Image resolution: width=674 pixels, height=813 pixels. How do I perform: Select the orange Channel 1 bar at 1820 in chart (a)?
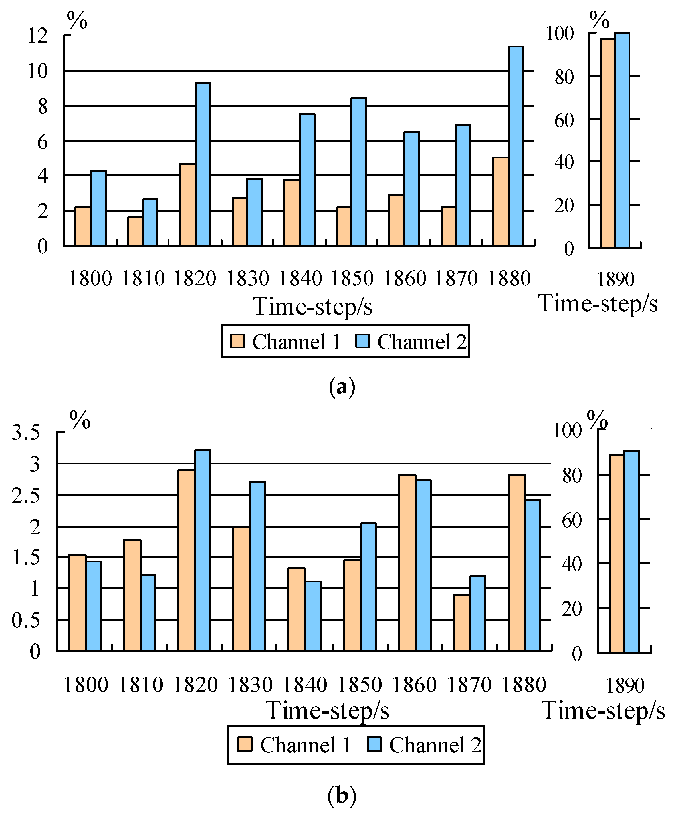point(187,205)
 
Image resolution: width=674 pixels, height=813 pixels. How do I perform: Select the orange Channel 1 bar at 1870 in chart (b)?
point(462,623)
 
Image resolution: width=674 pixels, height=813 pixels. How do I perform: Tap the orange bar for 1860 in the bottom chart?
point(407,563)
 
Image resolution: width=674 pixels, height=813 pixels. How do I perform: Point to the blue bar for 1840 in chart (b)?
point(313,616)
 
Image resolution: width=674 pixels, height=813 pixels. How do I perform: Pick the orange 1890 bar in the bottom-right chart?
point(616,554)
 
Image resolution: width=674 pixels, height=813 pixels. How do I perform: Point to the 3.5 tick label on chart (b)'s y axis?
point(25,432)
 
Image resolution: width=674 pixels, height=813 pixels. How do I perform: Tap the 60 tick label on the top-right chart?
point(564,120)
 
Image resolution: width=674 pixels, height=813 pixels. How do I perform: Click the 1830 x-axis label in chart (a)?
point(247,279)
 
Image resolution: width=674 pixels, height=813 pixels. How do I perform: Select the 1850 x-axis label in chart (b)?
point(360,685)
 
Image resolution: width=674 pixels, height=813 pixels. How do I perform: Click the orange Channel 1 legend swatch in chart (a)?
point(237,341)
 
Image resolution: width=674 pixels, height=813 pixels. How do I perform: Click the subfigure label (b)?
point(342,796)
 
